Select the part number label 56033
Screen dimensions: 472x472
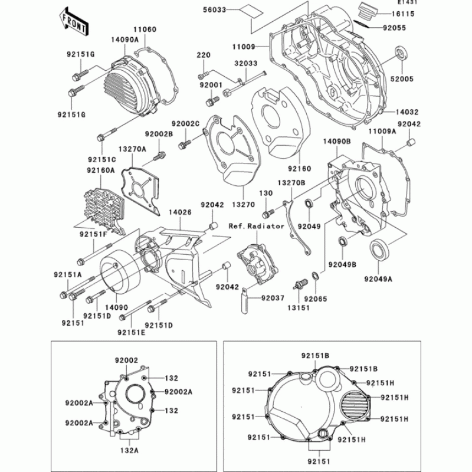(214, 10)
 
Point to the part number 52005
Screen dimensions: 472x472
(401, 78)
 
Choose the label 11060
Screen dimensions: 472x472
(144, 28)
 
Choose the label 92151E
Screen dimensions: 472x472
(131, 332)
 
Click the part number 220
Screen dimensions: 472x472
(204, 55)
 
